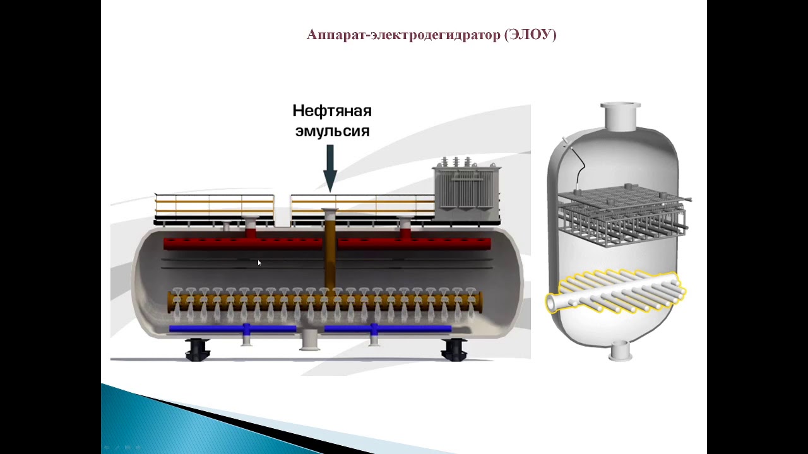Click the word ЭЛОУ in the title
[530, 35]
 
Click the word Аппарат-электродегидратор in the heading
[403, 35]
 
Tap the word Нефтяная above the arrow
[332, 112]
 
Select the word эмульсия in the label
[333, 131]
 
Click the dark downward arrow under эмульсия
[330, 168]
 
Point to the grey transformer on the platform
[466, 188]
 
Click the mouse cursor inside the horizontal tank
[259, 263]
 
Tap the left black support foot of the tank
[197, 349]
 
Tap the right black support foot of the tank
[454, 349]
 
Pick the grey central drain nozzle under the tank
[309, 340]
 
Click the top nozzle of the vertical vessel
[621, 117]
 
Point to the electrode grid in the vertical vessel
[622, 215]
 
